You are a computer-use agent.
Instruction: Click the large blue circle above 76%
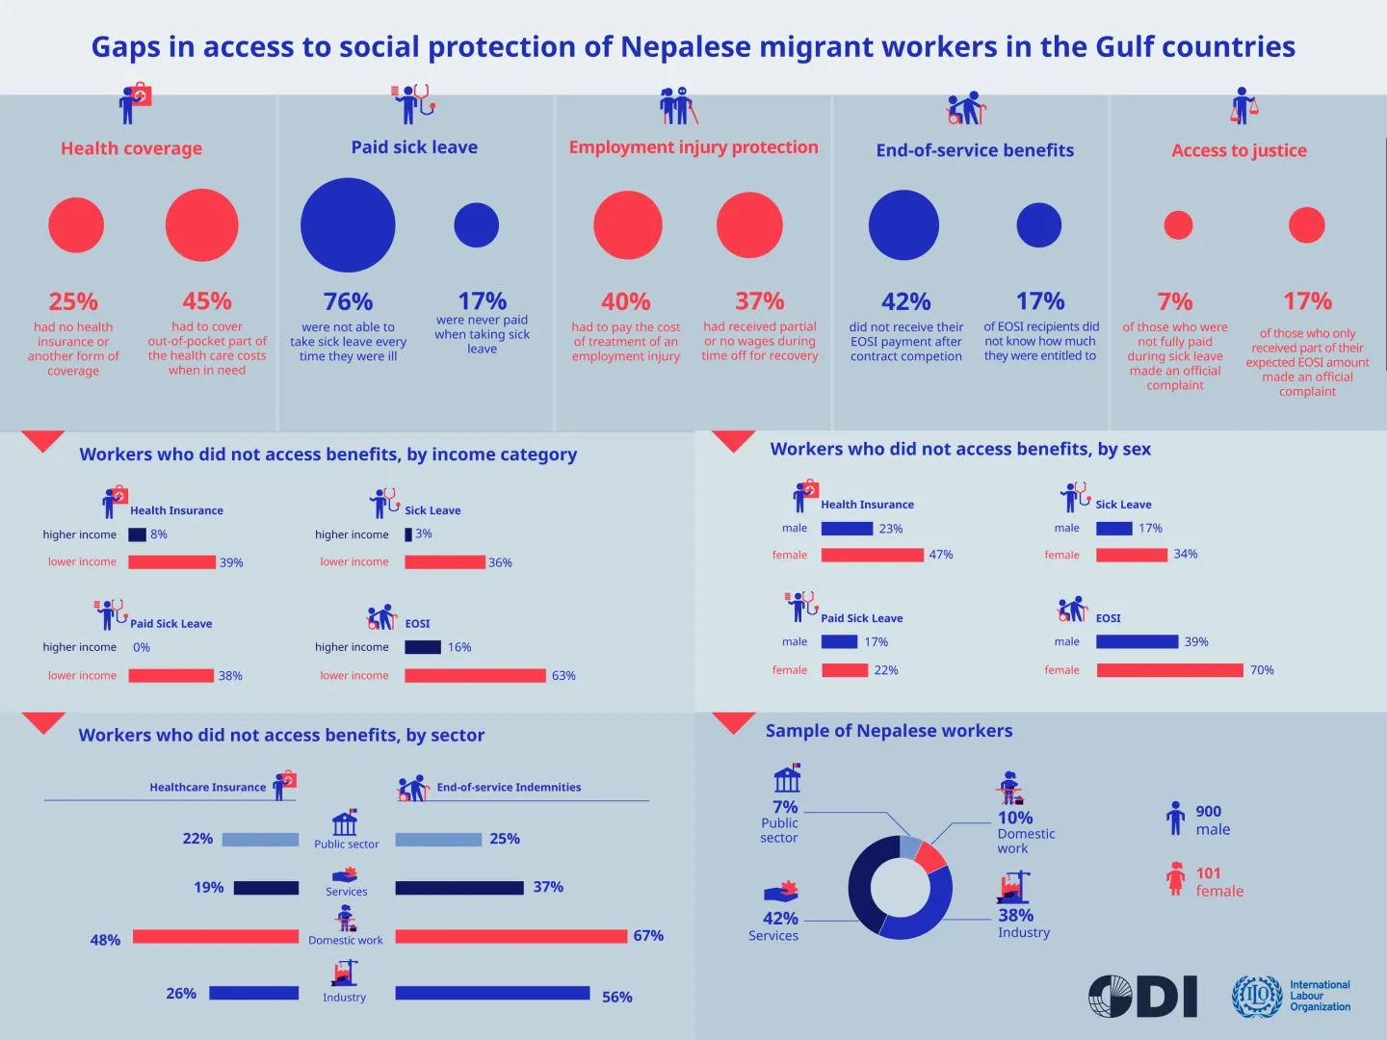click(x=348, y=225)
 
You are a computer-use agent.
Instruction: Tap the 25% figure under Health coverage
click(x=73, y=301)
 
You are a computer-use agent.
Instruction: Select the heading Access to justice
click(x=1239, y=150)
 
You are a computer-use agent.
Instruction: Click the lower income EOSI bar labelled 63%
click(x=475, y=676)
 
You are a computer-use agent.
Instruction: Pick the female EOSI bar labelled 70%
click(x=1169, y=670)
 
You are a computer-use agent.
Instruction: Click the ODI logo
click(x=1142, y=996)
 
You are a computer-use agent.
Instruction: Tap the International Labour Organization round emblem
click(x=1257, y=996)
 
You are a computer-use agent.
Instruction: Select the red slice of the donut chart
click(x=930, y=856)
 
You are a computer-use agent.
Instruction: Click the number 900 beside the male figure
click(x=1208, y=812)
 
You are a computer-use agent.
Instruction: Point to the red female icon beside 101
click(x=1175, y=878)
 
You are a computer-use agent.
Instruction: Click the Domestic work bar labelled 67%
click(x=510, y=936)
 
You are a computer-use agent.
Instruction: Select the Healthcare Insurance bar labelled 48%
click(x=216, y=936)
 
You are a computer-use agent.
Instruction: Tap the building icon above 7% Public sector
click(x=787, y=778)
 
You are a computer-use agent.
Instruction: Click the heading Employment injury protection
click(x=693, y=147)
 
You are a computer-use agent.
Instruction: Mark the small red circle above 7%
click(x=1178, y=225)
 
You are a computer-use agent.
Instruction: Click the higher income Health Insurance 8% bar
click(x=137, y=534)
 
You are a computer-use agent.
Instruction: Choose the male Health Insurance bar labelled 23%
click(x=847, y=529)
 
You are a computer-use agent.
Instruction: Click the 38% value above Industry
click(x=1015, y=915)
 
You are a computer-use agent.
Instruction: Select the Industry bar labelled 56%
click(x=492, y=993)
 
